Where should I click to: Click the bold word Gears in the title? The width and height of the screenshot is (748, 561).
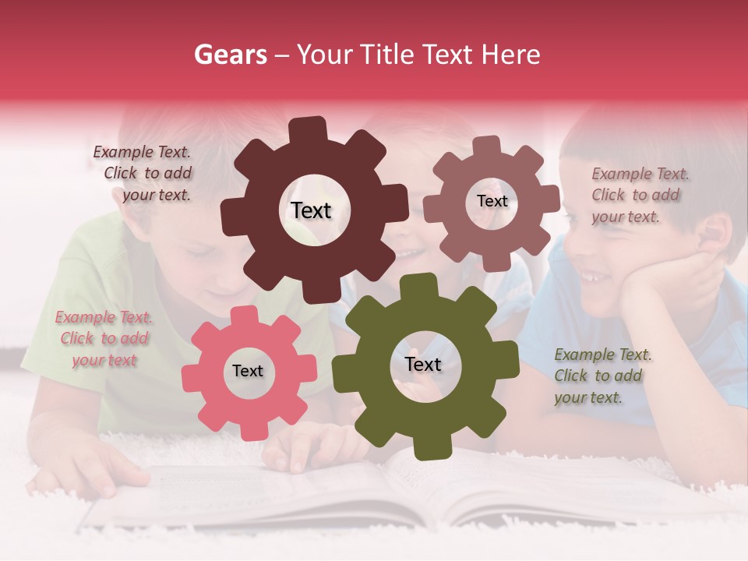point(229,55)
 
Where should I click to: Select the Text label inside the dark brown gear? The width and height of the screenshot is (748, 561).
point(311,210)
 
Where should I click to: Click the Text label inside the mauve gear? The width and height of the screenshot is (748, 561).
point(492,201)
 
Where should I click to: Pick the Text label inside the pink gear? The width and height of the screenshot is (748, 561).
point(248,371)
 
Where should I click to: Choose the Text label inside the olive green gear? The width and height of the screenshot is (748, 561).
point(423,364)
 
